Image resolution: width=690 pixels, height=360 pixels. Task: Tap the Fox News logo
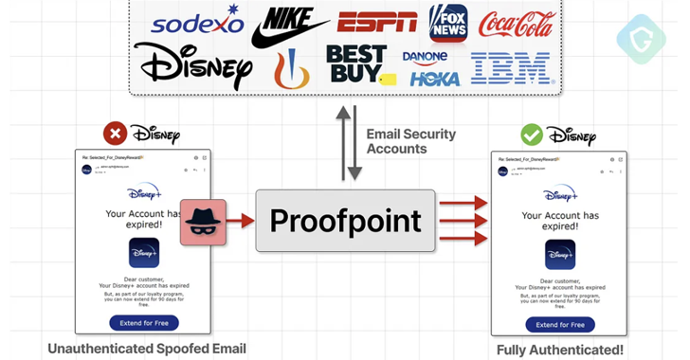447,23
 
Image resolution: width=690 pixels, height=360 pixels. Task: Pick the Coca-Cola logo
517,25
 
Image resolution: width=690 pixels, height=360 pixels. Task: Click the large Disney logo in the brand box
193,64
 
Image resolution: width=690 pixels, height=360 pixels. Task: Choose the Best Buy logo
356,63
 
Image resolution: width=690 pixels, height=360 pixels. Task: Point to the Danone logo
425,57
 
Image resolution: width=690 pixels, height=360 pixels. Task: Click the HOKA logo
435,79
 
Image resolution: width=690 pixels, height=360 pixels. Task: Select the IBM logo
511,68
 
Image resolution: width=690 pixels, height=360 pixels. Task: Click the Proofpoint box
346,221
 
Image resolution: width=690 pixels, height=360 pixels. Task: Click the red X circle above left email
116,135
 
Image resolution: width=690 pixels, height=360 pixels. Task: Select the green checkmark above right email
531,135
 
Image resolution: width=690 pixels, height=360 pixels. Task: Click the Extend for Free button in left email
143,323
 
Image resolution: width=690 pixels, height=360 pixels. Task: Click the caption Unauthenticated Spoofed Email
147,349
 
